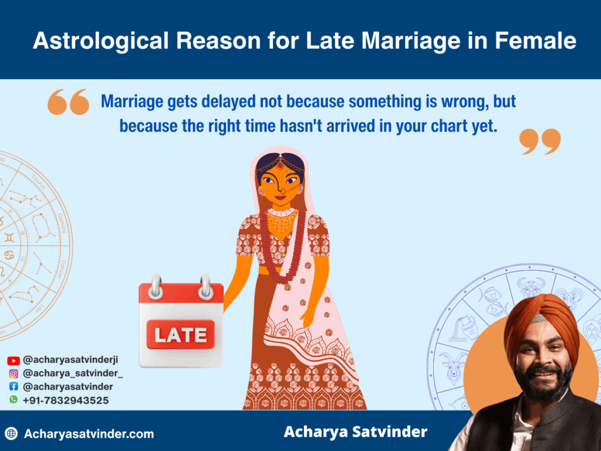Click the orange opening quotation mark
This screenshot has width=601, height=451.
point(68,102)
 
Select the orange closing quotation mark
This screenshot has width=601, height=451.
point(540,142)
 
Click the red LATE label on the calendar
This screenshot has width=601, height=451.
point(180,335)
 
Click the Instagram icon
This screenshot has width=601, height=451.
point(13,373)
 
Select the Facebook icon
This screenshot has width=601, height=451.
point(13,387)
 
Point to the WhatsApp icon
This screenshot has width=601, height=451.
point(13,399)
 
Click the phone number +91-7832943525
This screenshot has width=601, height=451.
point(65,400)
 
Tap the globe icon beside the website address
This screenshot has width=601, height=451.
point(11,434)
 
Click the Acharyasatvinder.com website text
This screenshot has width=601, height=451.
point(89,434)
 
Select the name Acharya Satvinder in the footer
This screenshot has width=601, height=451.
point(356,432)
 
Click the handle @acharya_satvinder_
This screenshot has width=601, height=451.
point(73,373)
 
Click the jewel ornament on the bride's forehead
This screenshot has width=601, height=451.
point(280,164)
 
